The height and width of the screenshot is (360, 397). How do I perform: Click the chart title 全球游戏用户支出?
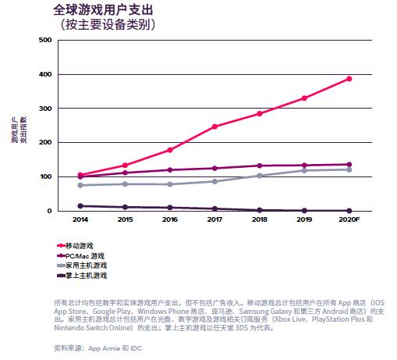(x=104, y=9)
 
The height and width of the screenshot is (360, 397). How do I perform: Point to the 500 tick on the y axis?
(x=44, y=40)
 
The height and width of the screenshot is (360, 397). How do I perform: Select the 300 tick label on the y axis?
(x=44, y=109)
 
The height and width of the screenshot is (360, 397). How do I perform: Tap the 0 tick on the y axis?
(x=48, y=211)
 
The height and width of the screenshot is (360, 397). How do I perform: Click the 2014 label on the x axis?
(x=80, y=220)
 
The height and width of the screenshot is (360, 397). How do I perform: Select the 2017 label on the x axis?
(x=214, y=220)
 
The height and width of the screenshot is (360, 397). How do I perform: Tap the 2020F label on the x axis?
(x=348, y=220)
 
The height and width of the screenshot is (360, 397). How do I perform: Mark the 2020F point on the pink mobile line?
(x=349, y=79)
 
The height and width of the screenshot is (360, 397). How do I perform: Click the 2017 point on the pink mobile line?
(x=214, y=127)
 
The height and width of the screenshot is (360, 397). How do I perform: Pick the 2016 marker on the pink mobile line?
(x=170, y=150)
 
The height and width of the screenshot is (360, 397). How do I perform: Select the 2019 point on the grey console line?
(x=304, y=170)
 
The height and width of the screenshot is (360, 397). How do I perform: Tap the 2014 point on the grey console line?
(x=80, y=185)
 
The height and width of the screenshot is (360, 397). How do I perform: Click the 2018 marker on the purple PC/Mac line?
(x=260, y=166)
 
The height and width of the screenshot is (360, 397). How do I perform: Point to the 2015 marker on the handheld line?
(x=126, y=207)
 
